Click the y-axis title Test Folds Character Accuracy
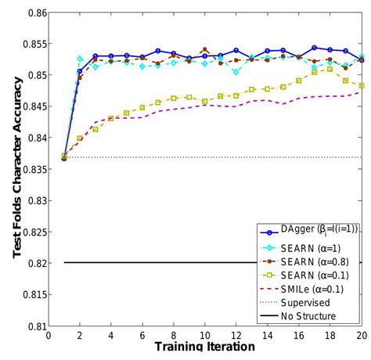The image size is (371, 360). click(13, 172)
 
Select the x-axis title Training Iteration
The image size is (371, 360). click(204, 346)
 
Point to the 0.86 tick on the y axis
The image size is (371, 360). click(33, 13)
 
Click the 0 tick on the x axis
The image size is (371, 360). click(49, 335)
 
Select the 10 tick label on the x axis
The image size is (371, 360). click(204, 335)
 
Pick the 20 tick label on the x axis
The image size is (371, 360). click(360, 335)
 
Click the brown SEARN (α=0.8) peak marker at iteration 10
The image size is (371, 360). click(204, 49)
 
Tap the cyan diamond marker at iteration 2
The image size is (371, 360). click(80, 59)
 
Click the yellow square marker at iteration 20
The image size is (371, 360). click(361, 85)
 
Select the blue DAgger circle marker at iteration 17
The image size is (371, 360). click(314, 48)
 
